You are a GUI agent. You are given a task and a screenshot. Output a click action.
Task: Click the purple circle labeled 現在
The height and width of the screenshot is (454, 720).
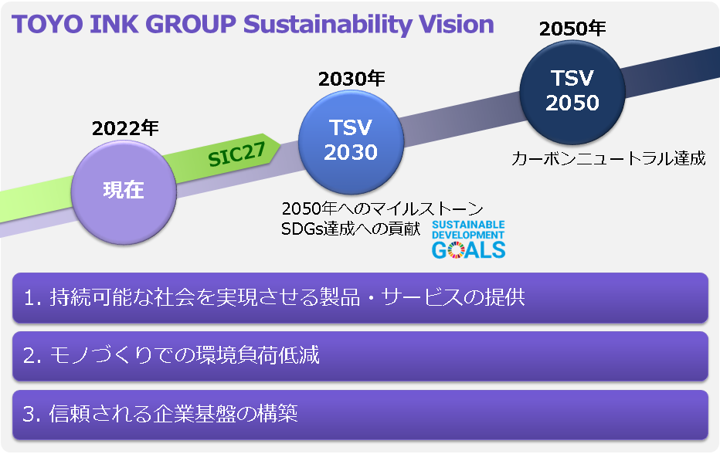124,192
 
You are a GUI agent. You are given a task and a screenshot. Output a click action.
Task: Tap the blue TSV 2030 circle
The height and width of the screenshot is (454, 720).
351,142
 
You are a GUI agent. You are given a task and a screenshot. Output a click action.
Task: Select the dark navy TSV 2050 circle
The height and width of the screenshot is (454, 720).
572,92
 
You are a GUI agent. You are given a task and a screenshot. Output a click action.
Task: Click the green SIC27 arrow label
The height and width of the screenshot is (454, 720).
237,154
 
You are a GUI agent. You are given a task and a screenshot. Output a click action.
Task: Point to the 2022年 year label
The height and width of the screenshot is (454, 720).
125,128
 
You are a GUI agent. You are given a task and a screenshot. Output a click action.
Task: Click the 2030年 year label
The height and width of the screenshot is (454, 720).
352,79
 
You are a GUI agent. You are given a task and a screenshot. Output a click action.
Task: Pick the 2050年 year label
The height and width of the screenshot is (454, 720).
572,29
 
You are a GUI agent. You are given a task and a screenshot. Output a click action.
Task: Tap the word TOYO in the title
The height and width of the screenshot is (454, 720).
47,25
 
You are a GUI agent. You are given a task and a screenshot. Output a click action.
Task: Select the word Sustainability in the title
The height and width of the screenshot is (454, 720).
328,25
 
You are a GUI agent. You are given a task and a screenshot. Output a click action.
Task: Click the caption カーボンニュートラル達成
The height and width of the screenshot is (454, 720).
608,158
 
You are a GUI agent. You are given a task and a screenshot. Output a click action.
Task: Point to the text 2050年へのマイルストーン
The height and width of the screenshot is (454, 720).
382,209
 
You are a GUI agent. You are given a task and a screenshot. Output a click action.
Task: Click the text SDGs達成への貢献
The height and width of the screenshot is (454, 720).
351,229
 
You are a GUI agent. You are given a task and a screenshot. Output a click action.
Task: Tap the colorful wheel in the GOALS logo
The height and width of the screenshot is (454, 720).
456,250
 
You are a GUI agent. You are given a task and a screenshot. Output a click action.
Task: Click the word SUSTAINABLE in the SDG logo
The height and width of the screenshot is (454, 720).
468,225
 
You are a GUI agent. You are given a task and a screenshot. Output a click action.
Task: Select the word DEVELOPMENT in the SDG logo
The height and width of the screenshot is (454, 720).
468,235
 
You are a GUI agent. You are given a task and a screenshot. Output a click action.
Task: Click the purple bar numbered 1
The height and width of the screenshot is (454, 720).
360,297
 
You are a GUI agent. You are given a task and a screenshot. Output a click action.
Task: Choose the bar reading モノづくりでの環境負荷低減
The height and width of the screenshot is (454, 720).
360,356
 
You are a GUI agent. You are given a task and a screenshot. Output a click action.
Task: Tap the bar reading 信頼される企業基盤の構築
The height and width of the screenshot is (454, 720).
360,415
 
